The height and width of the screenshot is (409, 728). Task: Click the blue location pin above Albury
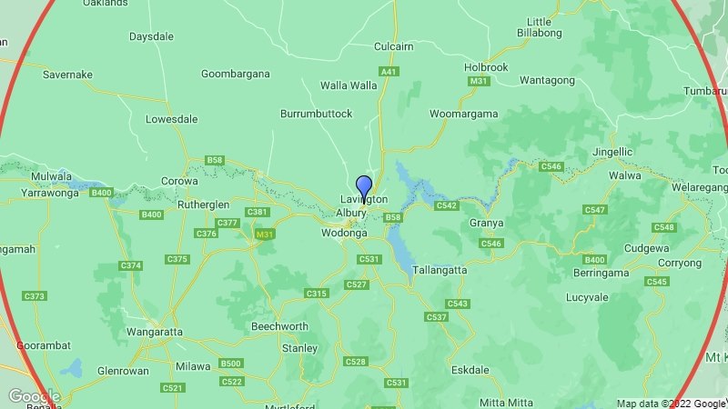pos(363,187)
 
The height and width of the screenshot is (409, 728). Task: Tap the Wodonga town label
pos(344,234)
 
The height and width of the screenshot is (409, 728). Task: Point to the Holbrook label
pos(485,67)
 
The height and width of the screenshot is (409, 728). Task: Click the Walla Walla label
pos(349,85)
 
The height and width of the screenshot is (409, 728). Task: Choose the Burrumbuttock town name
pos(316,114)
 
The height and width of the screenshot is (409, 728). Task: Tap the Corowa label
pos(179,181)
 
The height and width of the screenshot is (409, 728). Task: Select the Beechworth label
pos(279,326)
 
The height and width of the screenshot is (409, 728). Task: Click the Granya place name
pos(487,223)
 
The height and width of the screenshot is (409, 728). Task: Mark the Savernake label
pos(67,75)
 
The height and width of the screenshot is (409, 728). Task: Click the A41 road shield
pos(389,71)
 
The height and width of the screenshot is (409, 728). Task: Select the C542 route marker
pos(446,206)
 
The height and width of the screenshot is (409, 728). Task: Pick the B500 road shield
pos(231,364)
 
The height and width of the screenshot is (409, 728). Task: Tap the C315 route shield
pos(317,294)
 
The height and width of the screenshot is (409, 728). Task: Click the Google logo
pos(33,396)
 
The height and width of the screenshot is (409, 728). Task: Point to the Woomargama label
pos(464,114)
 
